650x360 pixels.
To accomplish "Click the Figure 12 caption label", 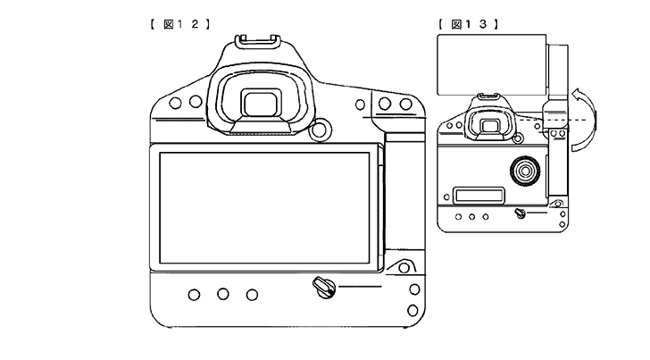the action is [x=180, y=24].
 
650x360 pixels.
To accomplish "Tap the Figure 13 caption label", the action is [x=468, y=24].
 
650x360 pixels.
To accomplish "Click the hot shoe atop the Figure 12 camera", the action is [x=258, y=42].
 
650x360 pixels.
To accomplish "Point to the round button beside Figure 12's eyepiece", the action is [x=320, y=129].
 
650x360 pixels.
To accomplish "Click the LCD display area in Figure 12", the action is [x=264, y=208].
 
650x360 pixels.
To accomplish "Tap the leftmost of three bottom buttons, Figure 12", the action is [x=194, y=295].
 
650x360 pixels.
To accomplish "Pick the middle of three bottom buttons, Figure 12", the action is [x=223, y=294].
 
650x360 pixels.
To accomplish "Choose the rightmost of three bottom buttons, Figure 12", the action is [x=252, y=295].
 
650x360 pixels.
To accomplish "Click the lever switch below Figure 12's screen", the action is [x=324, y=287].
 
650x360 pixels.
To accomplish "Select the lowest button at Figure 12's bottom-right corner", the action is [x=412, y=310].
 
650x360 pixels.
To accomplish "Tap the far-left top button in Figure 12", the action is [x=175, y=103].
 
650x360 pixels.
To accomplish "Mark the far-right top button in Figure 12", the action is [x=406, y=104].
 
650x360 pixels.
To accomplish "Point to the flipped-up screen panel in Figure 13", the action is [x=492, y=64].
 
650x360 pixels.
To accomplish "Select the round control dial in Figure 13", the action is [x=525, y=171].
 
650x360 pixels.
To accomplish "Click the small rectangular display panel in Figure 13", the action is [x=479, y=196].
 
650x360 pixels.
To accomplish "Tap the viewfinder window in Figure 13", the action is [x=490, y=126].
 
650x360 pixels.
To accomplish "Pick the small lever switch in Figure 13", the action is [x=520, y=213].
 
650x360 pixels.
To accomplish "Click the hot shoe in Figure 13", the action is [x=488, y=97].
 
